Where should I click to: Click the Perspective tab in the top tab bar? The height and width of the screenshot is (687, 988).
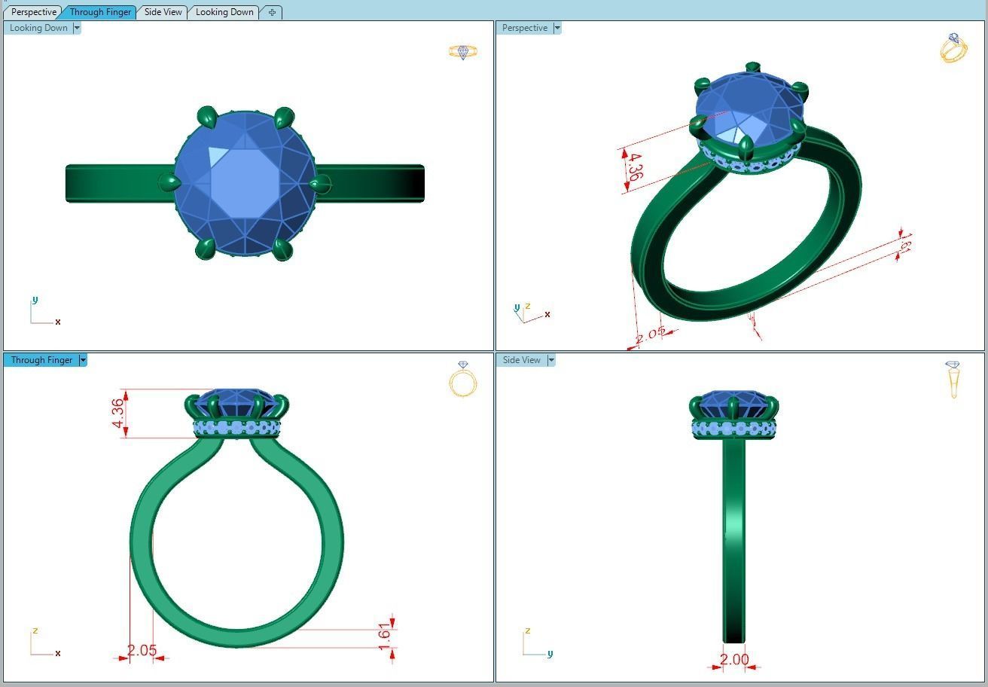tap(33, 12)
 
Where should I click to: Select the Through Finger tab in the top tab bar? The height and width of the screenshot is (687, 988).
tap(100, 12)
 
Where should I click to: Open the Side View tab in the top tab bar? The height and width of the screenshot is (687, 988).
tap(163, 12)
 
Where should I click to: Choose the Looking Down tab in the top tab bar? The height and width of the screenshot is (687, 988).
tap(224, 12)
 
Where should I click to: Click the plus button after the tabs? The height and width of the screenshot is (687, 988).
tap(272, 12)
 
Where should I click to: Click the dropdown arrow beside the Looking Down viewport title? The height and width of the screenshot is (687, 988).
tap(77, 28)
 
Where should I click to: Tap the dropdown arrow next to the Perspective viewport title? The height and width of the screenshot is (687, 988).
tap(557, 28)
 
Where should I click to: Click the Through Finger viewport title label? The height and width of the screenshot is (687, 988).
tap(41, 360)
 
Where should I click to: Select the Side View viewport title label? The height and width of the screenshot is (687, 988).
tap(521, 360)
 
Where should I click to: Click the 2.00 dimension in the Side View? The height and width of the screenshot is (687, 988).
tap(734, 660)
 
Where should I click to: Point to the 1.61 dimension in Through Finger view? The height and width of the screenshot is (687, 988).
tap(385, 634)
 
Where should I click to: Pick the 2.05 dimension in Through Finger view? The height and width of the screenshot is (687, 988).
tap(142, 651)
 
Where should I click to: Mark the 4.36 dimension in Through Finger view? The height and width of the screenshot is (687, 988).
tap(117, 414)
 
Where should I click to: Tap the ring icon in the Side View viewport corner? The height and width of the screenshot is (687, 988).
tap(953, 380)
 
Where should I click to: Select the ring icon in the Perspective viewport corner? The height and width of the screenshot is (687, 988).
tap(953, 48)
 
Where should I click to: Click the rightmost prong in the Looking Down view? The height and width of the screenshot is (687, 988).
tap(320, 182)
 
